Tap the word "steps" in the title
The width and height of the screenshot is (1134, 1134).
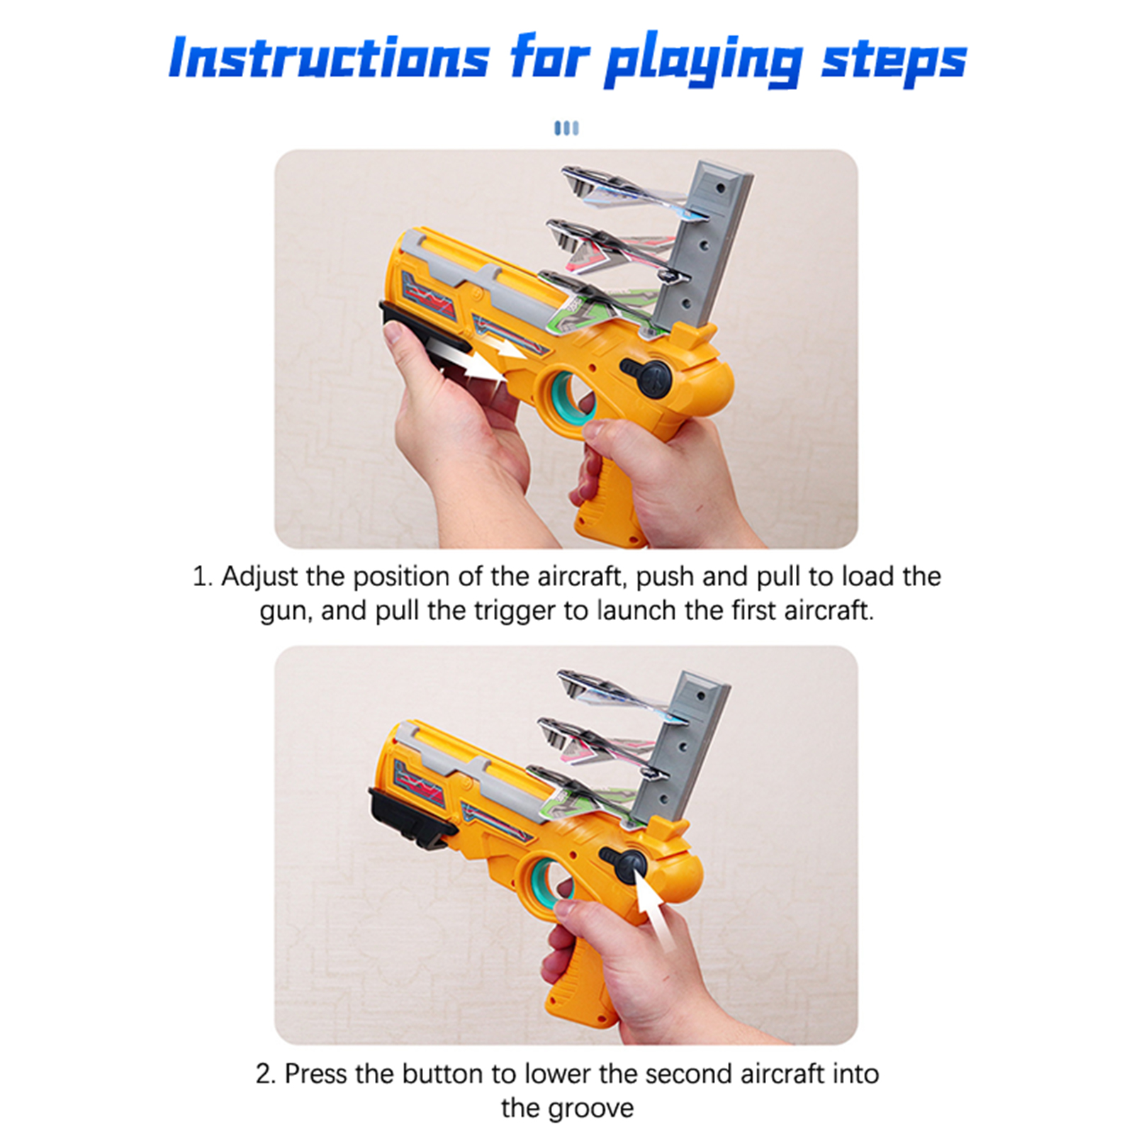click(894, 61)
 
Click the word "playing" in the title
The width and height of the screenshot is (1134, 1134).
click(704, 61)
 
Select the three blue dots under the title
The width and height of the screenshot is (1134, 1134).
click(566, 128)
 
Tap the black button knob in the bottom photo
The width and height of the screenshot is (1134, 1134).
click(624, 864)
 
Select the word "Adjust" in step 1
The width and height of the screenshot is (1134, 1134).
click(259, 576)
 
